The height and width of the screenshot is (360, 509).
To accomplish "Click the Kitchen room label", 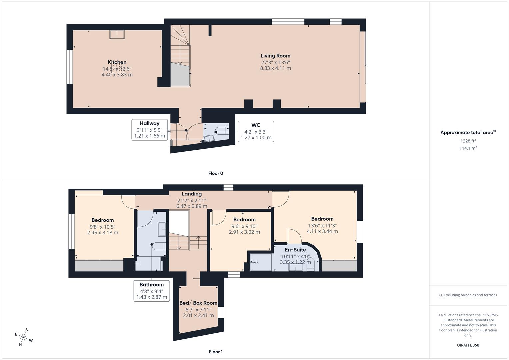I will click(x=117, y=62).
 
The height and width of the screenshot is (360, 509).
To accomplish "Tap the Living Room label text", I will click(x=275, y=56).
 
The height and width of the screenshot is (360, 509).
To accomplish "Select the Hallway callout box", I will click(x=149, y=129).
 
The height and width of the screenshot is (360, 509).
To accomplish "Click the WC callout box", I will click(x=256, y=131).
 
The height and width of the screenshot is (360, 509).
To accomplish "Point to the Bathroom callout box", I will click(x=152, y=291).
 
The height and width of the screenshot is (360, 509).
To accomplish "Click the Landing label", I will click(x=192, y=194).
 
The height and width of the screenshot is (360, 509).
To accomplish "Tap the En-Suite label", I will click(x=295, y=250).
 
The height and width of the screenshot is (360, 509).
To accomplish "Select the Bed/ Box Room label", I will click(x=198, y=303).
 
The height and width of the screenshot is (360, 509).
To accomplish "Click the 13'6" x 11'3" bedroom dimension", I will click(x=322, y=225).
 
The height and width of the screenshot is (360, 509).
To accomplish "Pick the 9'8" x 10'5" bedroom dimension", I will click(x=103, y=227).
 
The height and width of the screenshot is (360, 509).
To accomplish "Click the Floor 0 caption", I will click(x=216, y=173).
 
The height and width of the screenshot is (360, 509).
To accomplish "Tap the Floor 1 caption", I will click(x=216, y=352).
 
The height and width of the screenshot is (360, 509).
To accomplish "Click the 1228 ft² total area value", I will click(x=468, y=141).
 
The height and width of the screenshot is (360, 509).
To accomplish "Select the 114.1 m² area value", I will click(x=468, y=148).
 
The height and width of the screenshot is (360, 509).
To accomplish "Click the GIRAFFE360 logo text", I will click(x=468, y=345).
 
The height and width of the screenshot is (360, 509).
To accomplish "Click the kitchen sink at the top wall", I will click(x=117, y=35).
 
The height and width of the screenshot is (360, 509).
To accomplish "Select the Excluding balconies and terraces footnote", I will click(x=468, y=295).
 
